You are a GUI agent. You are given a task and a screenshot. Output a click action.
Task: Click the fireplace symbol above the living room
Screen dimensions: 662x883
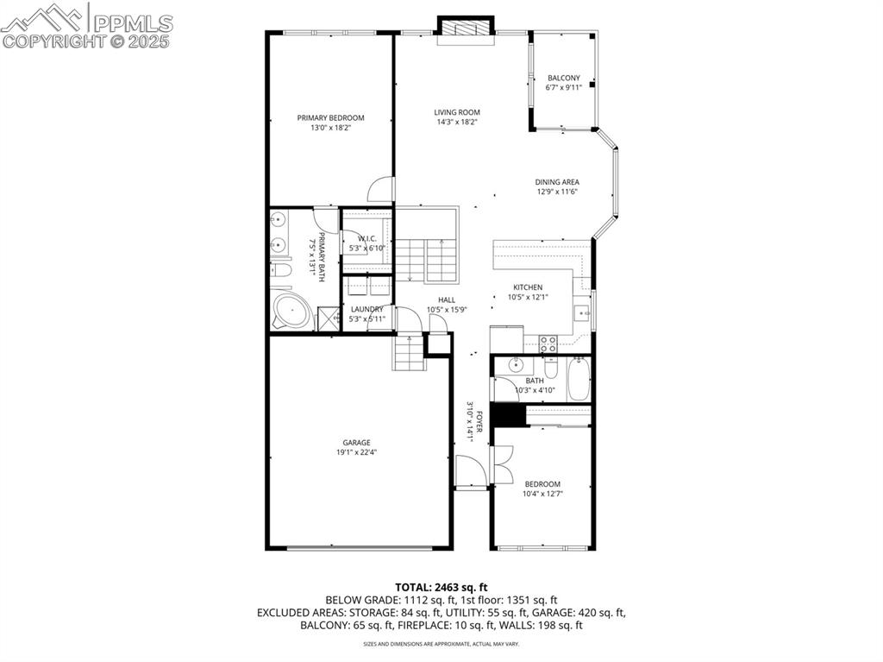coord(466,28)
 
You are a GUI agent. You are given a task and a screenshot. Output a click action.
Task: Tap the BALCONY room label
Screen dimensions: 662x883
coord(563,78)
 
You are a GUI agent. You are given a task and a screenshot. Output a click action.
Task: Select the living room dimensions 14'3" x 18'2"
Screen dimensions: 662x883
coord(456,122)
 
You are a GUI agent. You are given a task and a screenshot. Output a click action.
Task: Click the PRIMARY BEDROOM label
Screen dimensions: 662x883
coord(330,118)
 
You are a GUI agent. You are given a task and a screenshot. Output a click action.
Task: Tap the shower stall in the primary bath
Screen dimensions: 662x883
coord(329,319)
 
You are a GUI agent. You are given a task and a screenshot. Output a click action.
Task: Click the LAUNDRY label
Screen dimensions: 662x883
coord(366,309)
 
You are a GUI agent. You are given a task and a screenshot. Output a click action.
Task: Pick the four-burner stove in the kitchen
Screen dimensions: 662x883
coord(548,344)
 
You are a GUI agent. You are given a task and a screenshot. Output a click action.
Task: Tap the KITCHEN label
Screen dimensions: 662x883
coord(528,287)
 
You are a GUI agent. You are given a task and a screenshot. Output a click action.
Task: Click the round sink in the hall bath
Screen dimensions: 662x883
coord(516,363)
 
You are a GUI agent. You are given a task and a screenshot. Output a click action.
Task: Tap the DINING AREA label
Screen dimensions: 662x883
coord(556,182)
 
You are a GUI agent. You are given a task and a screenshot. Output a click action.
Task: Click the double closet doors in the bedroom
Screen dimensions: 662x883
coord(501,464)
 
